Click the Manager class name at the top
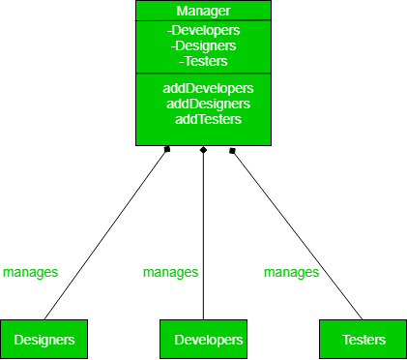tap(203, 12)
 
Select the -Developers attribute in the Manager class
tap(203, 30)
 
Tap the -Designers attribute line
tap(203, 45)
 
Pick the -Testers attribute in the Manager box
tap(203, 60)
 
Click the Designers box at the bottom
tap(44, 340)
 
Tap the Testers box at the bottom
tap(363, 340)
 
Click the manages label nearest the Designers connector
tap(30, 273)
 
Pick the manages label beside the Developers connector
tap(170, 273)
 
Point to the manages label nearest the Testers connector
tap(291, 273)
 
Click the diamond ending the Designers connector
tap(167, 149)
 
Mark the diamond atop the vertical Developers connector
tap(203, 150)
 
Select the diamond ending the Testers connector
tap(232, 150)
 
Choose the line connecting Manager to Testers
tap(296, 233)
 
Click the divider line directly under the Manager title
tap(203, 21)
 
